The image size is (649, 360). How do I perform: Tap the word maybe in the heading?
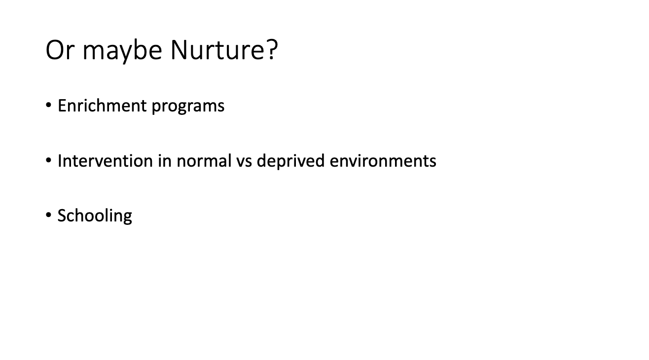[122, 52]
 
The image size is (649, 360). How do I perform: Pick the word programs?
[188, 107]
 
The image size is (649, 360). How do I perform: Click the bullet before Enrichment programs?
[49, 105]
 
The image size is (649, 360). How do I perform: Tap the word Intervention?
[105, 160]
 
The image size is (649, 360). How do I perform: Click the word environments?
[383, 161]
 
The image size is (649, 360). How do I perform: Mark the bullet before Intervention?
[49, 160]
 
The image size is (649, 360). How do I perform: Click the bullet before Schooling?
[49, 215]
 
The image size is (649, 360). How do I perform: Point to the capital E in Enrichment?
[62, 105]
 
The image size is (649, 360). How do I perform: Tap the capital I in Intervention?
[60, 160]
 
